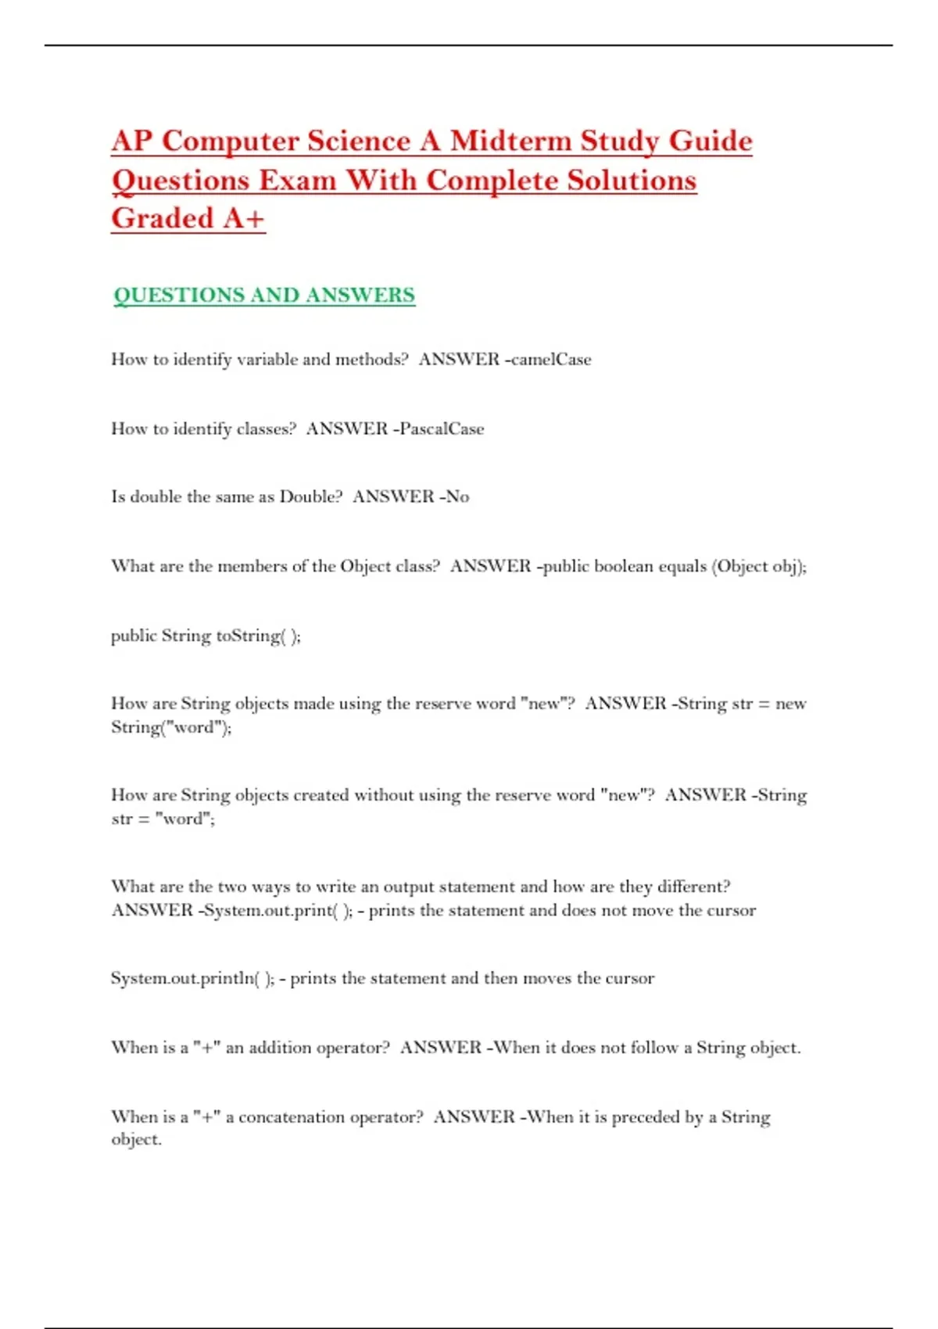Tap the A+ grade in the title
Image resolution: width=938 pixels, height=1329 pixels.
point(243,218)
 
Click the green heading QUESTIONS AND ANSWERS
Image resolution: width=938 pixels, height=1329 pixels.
point(264,296)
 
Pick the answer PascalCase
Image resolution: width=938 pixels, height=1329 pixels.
point(442,428)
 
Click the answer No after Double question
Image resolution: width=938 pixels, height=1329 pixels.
point(457,496)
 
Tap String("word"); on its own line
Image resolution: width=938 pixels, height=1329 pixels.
point(171,728)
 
